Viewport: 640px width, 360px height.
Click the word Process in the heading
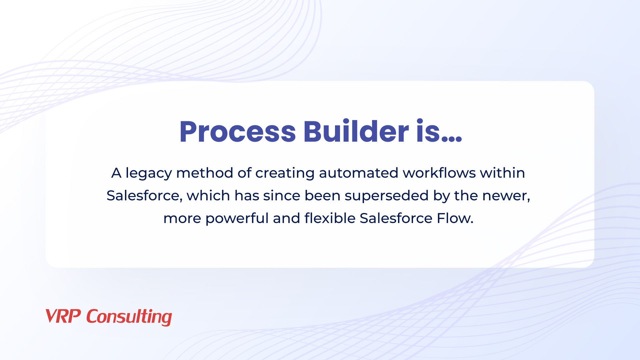(x=238, y=132)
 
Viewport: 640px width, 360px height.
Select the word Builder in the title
(x=356, y=131)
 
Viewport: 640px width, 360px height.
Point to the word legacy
(x=149, y=174)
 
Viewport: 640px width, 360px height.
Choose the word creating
(x=285, y=174)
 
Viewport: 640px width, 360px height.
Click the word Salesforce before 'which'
(x=144, y=196)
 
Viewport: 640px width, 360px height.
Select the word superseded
(x=387, y=196)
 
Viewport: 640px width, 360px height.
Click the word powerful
(x=237, y=219)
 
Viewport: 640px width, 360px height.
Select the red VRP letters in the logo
(x=63, y=316)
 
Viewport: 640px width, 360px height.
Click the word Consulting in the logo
(x=129, y=317)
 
